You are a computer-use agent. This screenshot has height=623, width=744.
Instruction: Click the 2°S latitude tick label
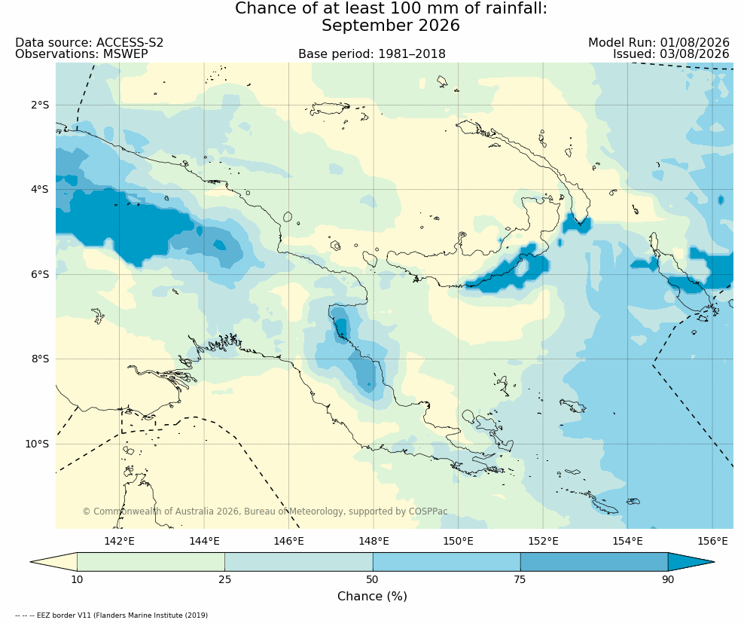point(40,105)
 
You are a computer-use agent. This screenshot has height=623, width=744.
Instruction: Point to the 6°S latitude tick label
point(40,274)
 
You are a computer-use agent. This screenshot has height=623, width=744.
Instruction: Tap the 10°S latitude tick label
point(37,444)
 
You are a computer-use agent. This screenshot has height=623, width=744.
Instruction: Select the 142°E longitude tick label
point(119,541)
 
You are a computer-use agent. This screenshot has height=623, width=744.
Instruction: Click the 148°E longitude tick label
point(374,541)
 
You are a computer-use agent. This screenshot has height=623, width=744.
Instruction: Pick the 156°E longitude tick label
point(712,541)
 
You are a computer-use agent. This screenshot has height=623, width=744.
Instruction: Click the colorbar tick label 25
point(224,579)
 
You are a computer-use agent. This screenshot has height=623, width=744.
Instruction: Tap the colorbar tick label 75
point(520,579)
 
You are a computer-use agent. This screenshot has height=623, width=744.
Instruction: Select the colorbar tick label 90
point(668,579)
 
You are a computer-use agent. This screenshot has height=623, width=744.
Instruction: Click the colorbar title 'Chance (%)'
point(372,596)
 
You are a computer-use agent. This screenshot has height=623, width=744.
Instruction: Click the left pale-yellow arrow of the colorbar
point(53,562)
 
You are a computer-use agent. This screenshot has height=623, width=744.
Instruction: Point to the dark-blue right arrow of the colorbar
point(691,562)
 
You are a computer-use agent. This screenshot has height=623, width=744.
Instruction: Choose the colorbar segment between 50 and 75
point(447,562)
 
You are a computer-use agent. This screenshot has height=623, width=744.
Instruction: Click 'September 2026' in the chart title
point(391,25)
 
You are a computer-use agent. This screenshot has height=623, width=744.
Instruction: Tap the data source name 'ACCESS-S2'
point(130,43)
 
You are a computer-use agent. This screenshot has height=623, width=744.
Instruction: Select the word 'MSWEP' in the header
point(125,54)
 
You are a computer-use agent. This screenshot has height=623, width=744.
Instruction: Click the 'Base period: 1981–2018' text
point(372,54)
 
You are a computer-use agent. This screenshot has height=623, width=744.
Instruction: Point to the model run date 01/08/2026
point(694,43)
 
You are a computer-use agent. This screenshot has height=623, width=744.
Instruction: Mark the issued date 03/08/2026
point(694,54)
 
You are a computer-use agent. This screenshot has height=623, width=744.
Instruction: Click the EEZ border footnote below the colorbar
point(111,615)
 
